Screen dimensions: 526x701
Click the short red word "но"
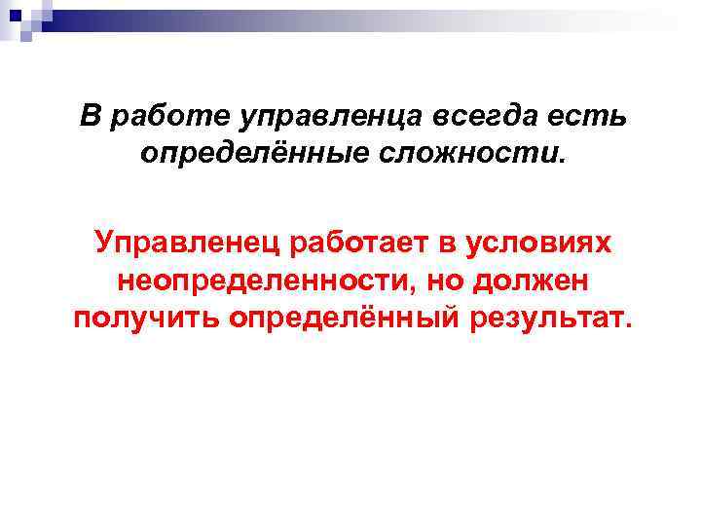444,281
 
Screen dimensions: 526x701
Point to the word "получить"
147,318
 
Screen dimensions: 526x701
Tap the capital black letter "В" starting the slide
90,117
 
